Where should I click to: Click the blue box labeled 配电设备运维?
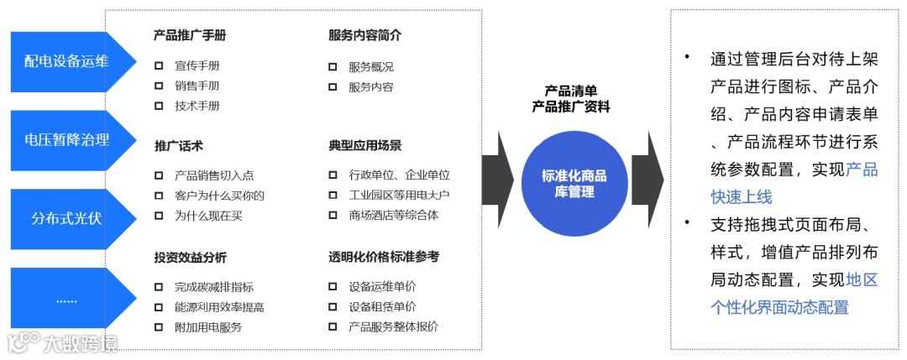(x=67, y=60)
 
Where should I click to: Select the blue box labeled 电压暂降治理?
(x=67, y=139)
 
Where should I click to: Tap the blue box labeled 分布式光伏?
(x=67, y=218)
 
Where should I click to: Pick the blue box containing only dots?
(x=67, y=298)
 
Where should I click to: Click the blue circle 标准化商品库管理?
(x=574, y=184)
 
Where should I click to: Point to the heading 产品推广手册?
(x=190, y=35)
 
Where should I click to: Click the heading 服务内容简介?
(x=364, y=35)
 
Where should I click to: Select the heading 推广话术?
(x=178, y=145)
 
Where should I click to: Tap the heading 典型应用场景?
(x=364, y=145)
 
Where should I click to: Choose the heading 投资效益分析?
(x=190, y=257)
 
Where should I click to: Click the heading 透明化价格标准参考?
(x=383, y=257)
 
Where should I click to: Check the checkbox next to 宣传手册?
(x=159, y=65)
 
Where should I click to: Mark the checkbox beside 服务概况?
(x=333, y=66)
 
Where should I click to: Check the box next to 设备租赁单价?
(x=333, y=307)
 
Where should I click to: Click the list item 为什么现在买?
(x=208, y=216)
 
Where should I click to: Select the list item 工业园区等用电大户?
(x=399, y=196)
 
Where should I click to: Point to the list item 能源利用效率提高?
(x=219, y=307)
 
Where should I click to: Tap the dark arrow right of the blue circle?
(x=647, y=180)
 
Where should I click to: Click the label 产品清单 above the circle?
(x=571, y=91)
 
